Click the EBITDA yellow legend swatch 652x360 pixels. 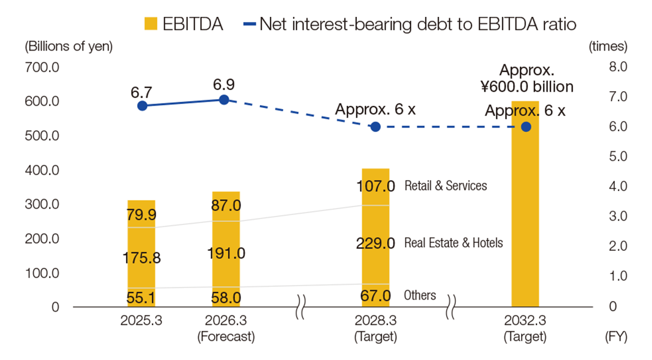coord(151,24)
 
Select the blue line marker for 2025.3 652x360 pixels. coord(142,106)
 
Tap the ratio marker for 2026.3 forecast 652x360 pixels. coord(224,100)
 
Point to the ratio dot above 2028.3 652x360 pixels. coord(375,127)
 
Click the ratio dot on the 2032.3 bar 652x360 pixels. coord(526,127)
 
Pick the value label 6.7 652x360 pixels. coord(142,91)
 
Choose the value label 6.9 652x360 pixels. coord(224,84)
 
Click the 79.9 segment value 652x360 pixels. coord(142,215)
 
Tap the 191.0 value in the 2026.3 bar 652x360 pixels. coord(226,253)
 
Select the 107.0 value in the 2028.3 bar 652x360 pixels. coord(375,186)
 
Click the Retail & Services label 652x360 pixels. coord(446,186)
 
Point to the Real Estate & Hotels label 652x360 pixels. coord(454,244)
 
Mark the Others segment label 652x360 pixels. coord(420,295)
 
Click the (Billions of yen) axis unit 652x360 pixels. coord(69,47)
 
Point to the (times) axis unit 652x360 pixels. coord(608,47)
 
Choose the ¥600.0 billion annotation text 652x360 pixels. coord(527,87)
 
